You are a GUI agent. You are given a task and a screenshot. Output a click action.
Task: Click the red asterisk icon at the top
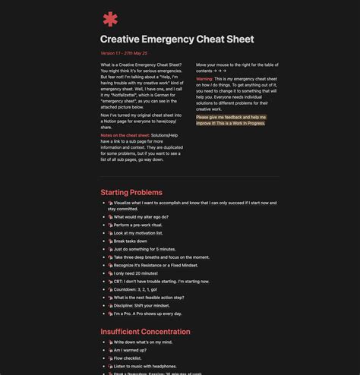pyautogui.click(x=111, y=19)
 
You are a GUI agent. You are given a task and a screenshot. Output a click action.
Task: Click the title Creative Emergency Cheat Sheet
pyautogui.click(x=177, y=39)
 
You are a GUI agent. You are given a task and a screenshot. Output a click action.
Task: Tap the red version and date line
pyautogui.click(x=124, y=53)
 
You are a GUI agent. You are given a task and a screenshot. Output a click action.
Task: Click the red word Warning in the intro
pyautogui.click(x=204, y=79)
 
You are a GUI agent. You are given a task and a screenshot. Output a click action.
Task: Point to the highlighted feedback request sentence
pyautogui.click(x=231, y=120)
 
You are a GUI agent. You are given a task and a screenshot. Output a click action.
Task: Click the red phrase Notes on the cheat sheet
pyautogui.click(x=125, y=135)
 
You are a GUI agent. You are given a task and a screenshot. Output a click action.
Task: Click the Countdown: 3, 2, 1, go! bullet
pyautogui.click(x=137, y=289)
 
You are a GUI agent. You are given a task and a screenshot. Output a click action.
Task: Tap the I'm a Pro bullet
pyautogui.click(x=148, y=314)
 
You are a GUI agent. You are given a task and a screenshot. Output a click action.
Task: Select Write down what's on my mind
pyautogui.click(x=144, y=342)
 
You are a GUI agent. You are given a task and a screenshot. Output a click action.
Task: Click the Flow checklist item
pyautogui.click(x=130, y=358)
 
